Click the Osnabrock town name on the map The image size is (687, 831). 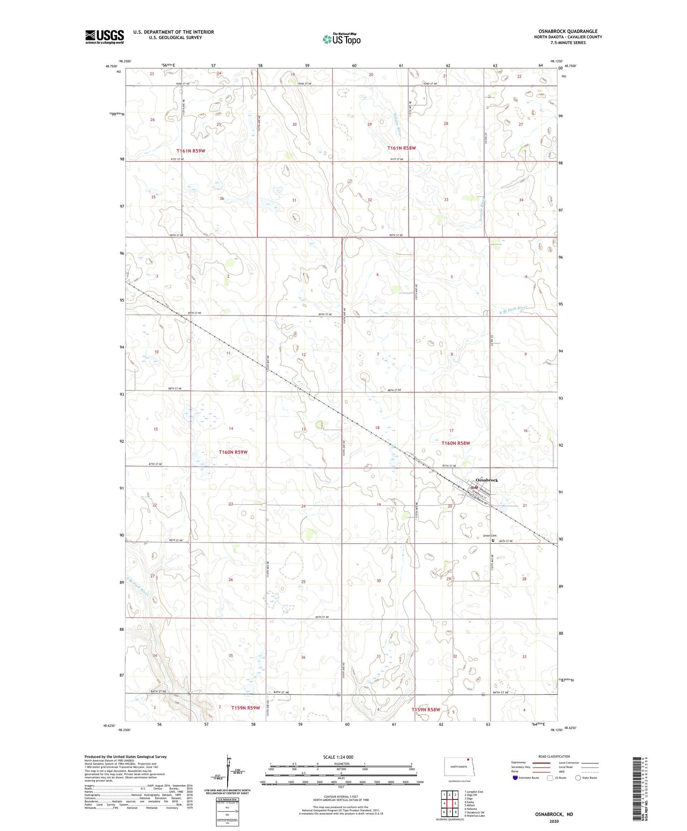[x=486, y=480]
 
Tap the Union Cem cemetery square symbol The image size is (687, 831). [x=493, y=540]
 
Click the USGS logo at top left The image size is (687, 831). [x=104, y=37]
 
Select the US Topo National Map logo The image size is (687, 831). [x=341, y=39]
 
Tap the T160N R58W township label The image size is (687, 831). [x=455, y=443]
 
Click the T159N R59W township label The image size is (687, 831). [x=245, y=708]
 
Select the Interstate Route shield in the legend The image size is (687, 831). [x=515, y=778]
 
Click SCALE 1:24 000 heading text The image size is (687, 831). [x=338, y=757]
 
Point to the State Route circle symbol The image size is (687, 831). [x=578, y=778]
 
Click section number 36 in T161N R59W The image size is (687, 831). [x=222, y=198]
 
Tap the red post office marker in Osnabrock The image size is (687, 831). [x=476, y=487]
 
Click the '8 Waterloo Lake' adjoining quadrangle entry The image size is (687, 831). [x=474, y=816]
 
